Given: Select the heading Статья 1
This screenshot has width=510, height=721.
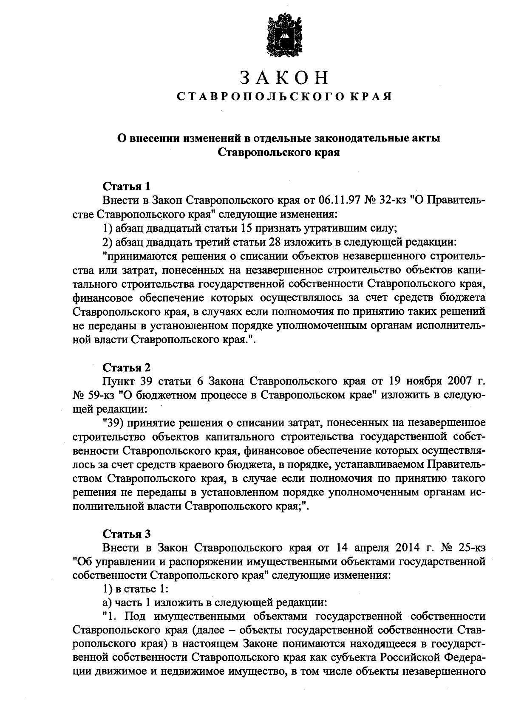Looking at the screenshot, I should [x=127, y=187].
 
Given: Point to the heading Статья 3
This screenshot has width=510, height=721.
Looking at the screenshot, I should [x=127, y=534].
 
